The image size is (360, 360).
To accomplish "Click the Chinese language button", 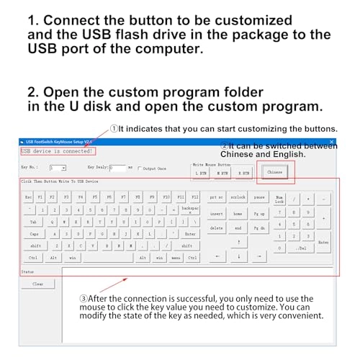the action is [x=274, y=172].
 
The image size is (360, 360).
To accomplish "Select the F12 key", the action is [x=194, y=197].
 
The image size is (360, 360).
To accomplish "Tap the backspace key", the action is [x=189, y=210].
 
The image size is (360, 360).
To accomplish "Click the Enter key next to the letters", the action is [x=189, y=234].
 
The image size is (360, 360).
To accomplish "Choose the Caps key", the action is [x=34, y=234].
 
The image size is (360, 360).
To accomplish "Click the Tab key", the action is [x=33, y=222].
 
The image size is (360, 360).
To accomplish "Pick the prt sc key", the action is [x=216, y=197].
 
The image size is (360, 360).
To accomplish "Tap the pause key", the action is [x=258, y=197].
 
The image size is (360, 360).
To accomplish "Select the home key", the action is [x=238, y=213].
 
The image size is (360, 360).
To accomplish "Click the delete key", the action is [x=216, y=228].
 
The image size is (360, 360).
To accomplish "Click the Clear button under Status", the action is [x=38, y=284].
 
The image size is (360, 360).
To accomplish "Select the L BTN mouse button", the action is [x=202, y=174].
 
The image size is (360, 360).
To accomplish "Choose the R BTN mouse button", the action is [x=244, y=174].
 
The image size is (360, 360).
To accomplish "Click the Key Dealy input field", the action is [x=117, y=168].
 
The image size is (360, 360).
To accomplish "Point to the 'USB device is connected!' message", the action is [x=58, y=151].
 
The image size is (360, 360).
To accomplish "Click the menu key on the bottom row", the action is [x=176, y=257].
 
